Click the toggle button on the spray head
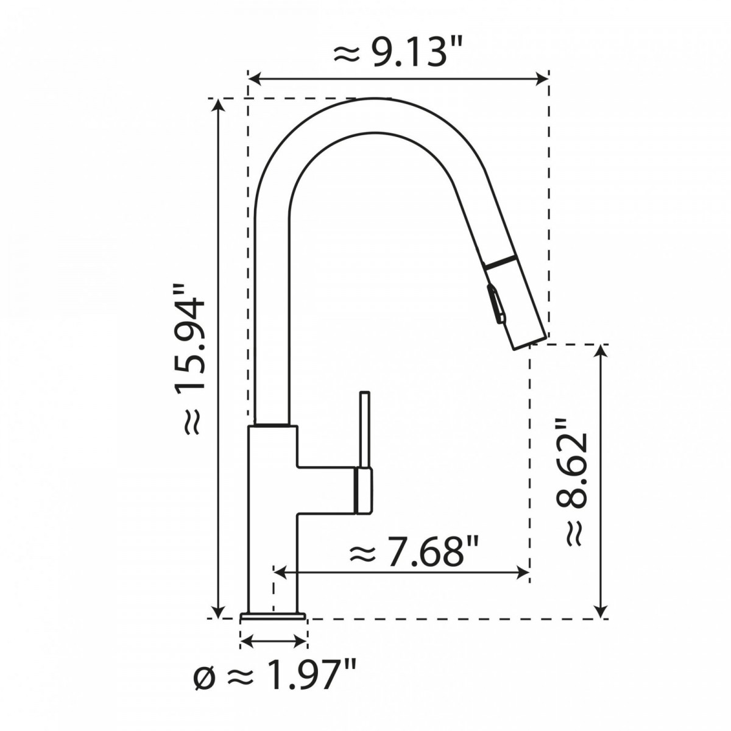(495, 303)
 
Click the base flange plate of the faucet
(273, 616)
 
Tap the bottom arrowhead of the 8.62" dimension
(602, 611)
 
